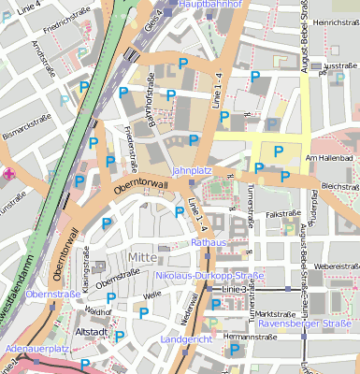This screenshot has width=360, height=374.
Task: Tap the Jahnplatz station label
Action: point(194,171)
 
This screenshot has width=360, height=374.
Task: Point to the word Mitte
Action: point(143,258)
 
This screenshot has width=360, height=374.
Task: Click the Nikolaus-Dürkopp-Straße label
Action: point(210,276)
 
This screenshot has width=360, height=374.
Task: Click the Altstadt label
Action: point(93,331)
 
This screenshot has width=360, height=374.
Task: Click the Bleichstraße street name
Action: point(339,186)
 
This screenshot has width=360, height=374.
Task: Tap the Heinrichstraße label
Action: point(336,22)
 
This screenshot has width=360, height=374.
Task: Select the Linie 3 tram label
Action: point(234,290)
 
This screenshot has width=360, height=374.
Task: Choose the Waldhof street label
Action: point(97,309)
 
